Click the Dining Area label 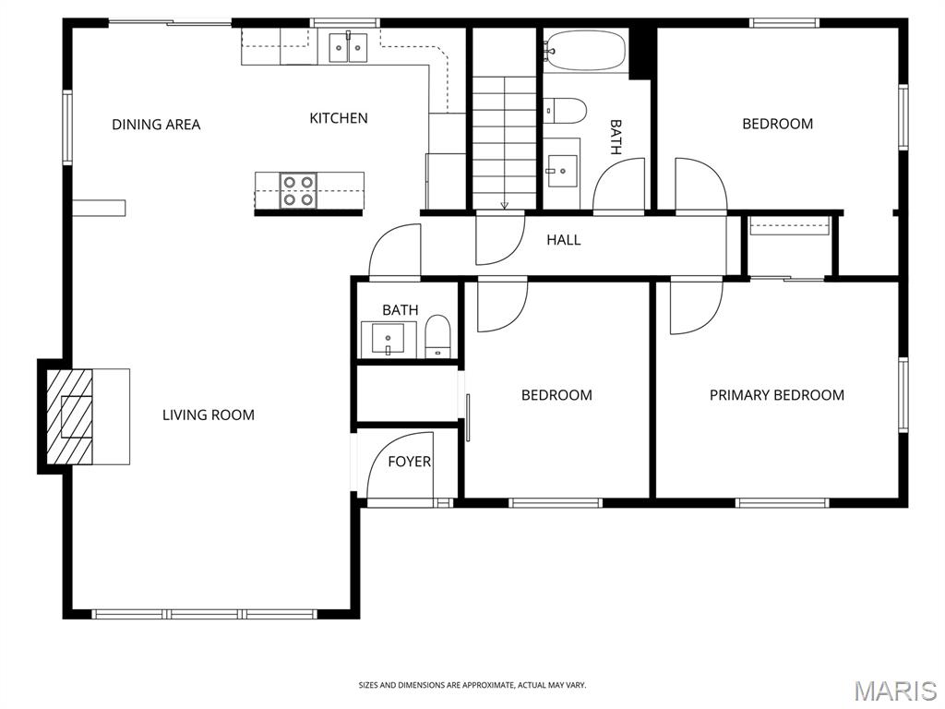tap(156, 125)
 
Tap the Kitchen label tap(339, 118)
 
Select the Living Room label tap(209, 415)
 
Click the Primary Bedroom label tap(777, 395)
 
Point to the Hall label tap(564, 240)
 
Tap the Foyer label tap(409, 462)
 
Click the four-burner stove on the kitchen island tap(298, 190)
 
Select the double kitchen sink tap(348, 48)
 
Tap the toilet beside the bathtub tap(566, 111)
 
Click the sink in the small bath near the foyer tap(389, 340)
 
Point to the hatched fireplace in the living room tap(70, 416)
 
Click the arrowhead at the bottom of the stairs tap(505, 206)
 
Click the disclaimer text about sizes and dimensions tap(472, 685)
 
